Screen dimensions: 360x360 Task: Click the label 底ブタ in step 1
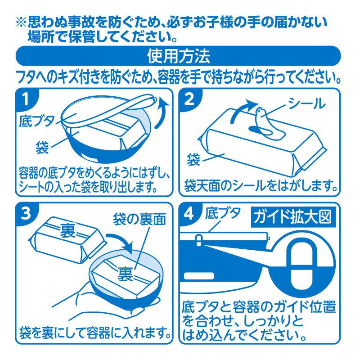click(x=37, y=121)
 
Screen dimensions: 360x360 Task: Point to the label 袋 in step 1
click(x=42, y=148)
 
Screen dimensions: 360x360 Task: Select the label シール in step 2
click(x=306, y=103)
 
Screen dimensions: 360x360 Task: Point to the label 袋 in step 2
click(x=193, y=159)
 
